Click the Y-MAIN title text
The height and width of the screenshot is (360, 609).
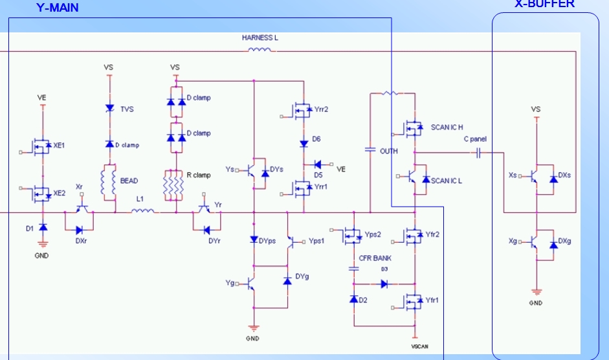point(58,8)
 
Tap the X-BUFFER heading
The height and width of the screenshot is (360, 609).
point(544,4)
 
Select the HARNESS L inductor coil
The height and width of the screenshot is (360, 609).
point(260,50)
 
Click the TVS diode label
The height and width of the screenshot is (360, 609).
point(127,109)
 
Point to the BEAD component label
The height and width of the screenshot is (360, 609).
point(129,181)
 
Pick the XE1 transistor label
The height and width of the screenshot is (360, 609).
point(59,146)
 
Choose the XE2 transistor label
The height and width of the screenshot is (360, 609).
point(59,193)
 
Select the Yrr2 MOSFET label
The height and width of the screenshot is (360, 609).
point(322,109)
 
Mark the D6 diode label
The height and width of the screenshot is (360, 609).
point(316,139)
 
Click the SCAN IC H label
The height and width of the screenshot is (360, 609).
point(447,127)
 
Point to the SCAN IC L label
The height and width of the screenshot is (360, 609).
point(447,181)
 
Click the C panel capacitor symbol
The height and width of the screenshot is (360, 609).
point(478,153)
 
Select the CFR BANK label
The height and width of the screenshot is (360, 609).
point(375,258)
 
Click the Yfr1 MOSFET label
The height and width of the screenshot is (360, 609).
point(432,300)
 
